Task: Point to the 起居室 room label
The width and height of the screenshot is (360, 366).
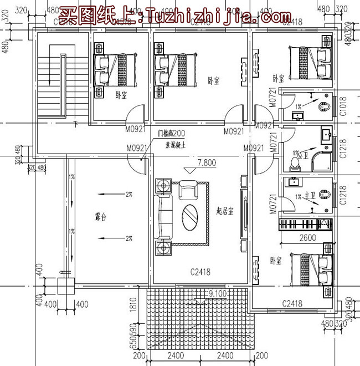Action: [x=225, y=211]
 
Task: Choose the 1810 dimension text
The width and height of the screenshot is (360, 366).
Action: [x=134, y=306]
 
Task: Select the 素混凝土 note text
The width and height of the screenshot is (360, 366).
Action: [x=177, y=144]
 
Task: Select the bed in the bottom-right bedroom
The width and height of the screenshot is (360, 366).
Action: [x=310, y=270]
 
